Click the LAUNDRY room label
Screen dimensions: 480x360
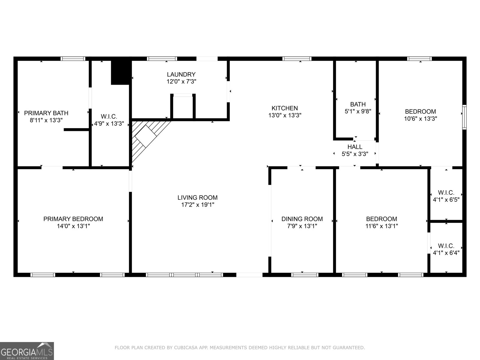coord(181,74)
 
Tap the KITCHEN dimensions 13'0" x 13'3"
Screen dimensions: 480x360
coord(285,115)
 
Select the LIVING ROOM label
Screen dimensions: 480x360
coord(197,198)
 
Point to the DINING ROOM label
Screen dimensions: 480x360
coord(302,219)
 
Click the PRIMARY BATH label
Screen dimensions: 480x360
coord(46,113)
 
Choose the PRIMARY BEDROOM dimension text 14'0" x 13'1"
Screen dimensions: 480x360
coord(73,226)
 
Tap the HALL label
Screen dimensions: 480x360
coord(355,147)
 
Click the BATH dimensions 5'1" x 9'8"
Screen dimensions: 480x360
coord(358,112)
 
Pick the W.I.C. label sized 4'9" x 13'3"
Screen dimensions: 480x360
coord(109,116)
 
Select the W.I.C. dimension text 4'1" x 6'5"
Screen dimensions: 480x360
coord(446,200)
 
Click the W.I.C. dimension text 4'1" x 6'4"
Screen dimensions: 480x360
coord(446,253)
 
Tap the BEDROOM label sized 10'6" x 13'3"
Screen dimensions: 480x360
coord(420,112)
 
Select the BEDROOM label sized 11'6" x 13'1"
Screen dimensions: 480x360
coord(382,219)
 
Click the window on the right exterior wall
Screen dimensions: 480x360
coord(464,117)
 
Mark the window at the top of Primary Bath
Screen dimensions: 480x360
coord(73,58)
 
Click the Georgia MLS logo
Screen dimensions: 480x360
coord(27,351)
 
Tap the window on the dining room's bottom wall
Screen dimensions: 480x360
coord(304,275)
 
